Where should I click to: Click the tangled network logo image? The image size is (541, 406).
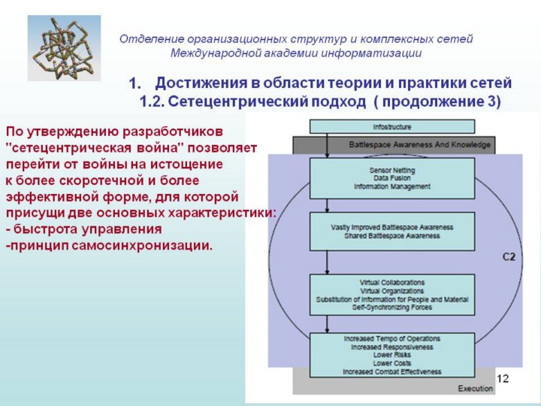tap(53, 49)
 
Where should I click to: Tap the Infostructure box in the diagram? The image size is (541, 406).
tap(392, 126)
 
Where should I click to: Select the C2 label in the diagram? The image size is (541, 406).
tap(509, 257)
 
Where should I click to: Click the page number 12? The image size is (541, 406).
tap(503, 378)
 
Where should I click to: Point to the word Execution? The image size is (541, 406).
tap(475, 388)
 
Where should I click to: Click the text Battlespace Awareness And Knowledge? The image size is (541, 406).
tap(419, 144)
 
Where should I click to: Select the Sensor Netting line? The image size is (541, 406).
tap(391, 171)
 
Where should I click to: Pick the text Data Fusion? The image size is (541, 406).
tap(391, 178)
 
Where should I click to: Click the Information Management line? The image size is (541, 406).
tap(391, 186)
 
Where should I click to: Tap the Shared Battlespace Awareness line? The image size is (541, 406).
tap(391, 234)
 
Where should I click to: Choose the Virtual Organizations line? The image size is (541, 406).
tap(391, 290)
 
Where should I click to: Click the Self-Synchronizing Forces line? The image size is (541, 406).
tap(391, 307)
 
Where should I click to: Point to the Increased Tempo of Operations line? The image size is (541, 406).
tap(391, 339)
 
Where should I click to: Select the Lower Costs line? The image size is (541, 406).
tap(391, 363)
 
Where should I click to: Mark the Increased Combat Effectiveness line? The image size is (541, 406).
tap(391, 371)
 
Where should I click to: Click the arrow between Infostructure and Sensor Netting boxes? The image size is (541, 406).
tap(328, 146)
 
